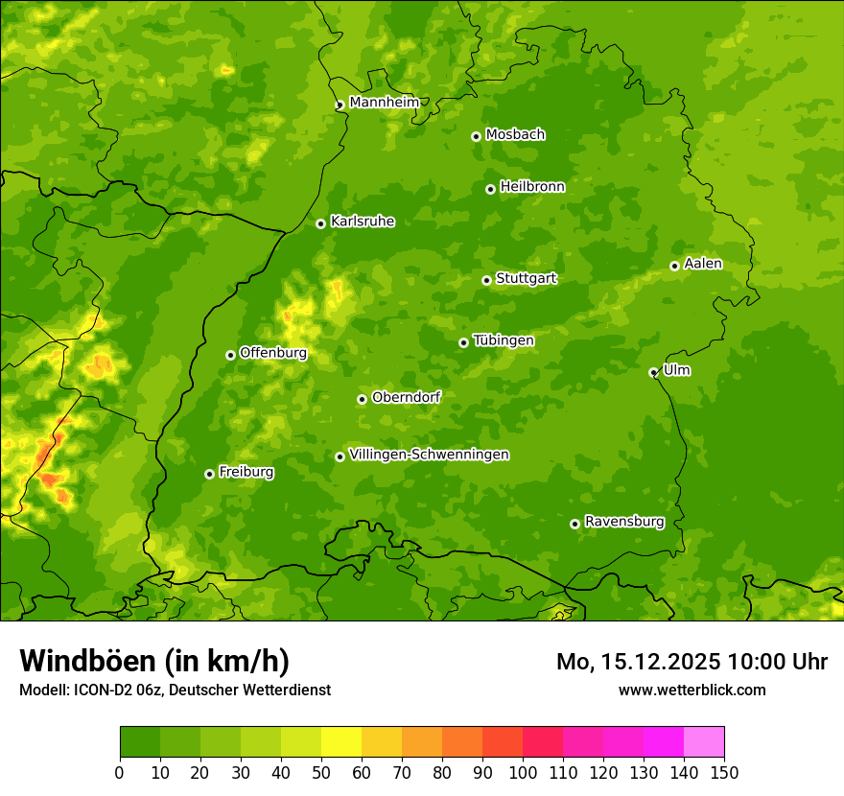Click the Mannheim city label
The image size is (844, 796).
(x=385, y=103)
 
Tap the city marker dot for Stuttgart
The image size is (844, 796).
(x=486, y=280)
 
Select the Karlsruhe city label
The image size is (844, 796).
(x=363, y=222)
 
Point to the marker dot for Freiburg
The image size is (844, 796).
(x=209, y=474)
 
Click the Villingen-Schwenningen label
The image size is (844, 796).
(x=429, y=455)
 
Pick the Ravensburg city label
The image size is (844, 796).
(x=624, y=522)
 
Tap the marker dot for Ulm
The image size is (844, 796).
(x=653, y=372)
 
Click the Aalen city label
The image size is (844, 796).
(x=703, y=264)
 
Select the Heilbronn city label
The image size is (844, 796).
(x=532, y=187)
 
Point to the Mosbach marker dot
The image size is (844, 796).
(x=476, y=136)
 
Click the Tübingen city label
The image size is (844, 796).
(x=504, y=340)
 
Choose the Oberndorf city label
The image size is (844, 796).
(x=406, y=397)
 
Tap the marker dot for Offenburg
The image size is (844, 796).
(x=230, y=355)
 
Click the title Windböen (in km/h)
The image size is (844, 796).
(x=154, y=661)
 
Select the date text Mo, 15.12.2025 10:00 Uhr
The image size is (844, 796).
(x=692, y=662)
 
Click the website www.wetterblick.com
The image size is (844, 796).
(x=692, y=690)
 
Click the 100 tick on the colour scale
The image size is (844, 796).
(x=523, y=772)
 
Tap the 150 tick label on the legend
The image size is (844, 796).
(x=724, y=772)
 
